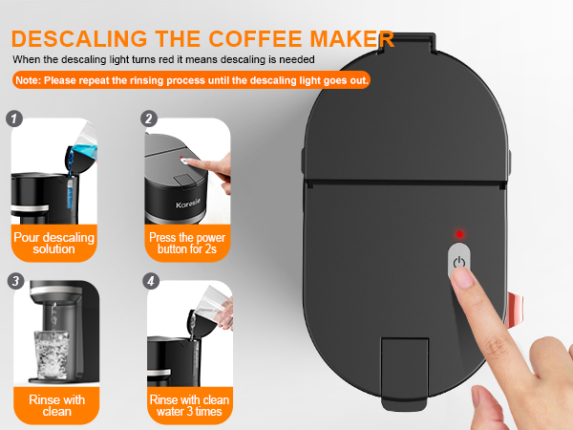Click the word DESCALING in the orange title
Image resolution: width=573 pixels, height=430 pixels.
coord(77,39)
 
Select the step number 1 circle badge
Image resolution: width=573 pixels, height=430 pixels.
coord(13,119)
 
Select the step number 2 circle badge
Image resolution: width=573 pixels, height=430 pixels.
coord(149,119)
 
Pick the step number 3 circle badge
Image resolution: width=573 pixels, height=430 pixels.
coord(13,281)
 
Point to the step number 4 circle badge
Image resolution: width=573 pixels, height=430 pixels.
coord(149,281)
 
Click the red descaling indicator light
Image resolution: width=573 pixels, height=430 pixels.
coord(458,234)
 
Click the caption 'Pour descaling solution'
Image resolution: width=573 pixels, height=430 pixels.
coord(44,243)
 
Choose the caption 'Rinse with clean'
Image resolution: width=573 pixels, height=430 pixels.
coord(44,405)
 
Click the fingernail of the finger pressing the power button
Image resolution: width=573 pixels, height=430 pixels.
coord(463,281)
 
